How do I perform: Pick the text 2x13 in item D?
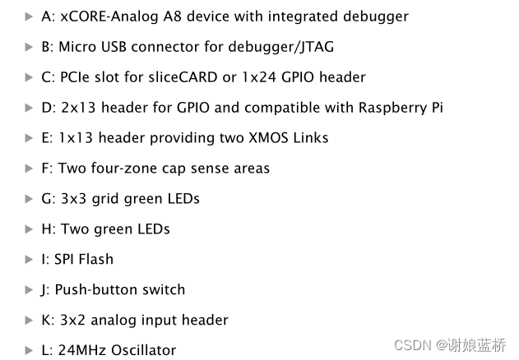tap(75, 108)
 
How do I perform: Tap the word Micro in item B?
tap(77, 47)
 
